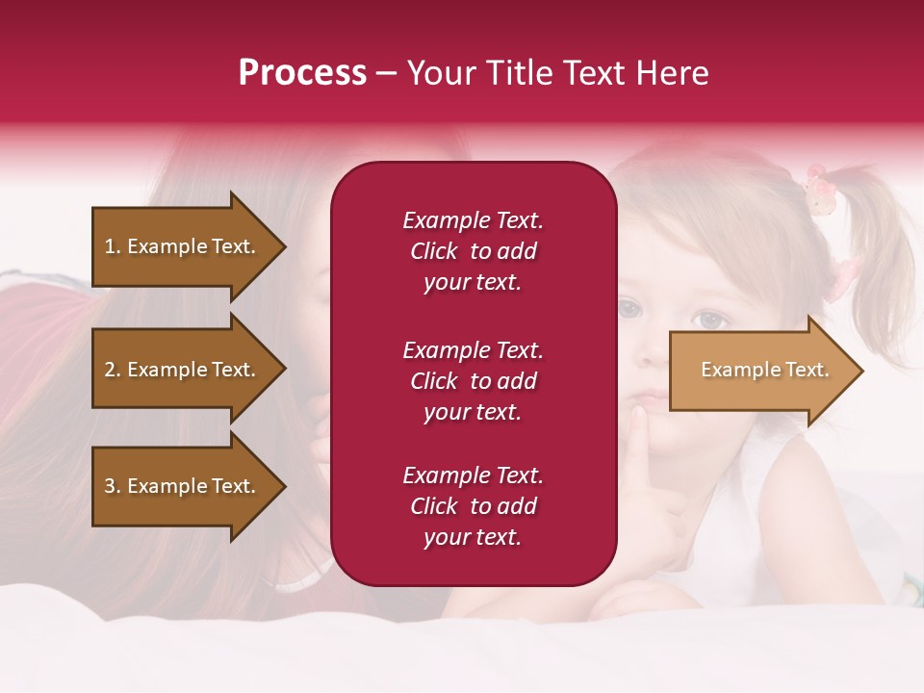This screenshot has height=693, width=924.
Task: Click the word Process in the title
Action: tap(302, 73)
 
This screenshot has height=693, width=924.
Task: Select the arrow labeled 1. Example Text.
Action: tap(183, 246)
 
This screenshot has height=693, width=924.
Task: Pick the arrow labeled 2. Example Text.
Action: tap(183, 370)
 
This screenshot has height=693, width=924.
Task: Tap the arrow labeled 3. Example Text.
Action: tap(183, 486)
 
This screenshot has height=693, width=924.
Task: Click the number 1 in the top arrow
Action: tap(110, 246)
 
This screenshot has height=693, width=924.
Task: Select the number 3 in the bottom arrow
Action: tap(110, 486)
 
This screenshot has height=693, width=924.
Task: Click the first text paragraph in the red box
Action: tap(473, 251)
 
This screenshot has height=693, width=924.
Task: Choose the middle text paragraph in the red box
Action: tap(473, 381)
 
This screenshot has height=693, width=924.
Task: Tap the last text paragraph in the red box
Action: tap(473, 506)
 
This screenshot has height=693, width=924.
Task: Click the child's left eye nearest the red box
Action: tap(629, 310)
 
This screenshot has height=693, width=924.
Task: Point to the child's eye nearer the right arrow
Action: tap(711, 320)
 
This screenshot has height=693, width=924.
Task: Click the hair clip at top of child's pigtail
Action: tap(818, 190)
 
